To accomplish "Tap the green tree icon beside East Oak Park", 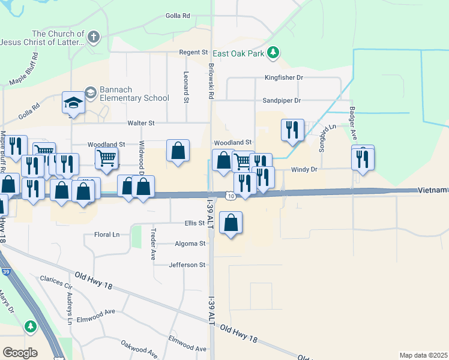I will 274,53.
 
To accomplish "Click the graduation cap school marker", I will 73,103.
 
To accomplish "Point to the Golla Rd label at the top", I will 178,16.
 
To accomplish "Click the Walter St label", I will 141,123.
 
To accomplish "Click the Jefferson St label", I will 187,265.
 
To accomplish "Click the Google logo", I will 20,353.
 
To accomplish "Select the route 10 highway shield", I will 231,196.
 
